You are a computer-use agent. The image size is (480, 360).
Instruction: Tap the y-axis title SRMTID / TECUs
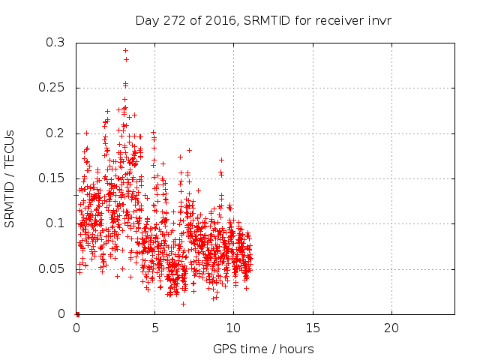click(x=10, y=178)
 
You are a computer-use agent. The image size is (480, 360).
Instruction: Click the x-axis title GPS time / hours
click(x=263, y=349)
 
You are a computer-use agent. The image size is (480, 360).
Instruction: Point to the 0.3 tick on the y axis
click(x=55, y=43)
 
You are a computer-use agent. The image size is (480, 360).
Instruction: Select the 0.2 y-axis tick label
click(x=55, y=133)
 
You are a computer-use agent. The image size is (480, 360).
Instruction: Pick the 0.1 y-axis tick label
click(x=55, y=223)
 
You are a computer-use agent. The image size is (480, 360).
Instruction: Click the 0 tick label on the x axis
click(x=76, y=328)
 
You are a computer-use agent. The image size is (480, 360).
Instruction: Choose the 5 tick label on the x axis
click(x=154, y=328)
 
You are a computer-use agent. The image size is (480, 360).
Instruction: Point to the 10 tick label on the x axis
click(x=233, y=328)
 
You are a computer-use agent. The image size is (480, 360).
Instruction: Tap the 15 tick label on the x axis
click(x=312, y=328)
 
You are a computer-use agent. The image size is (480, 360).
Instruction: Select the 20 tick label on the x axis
click(x=391, y=328)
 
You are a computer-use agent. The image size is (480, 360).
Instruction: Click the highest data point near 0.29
click(x=125, y=51)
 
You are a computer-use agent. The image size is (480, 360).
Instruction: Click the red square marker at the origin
click(x=77, y=313)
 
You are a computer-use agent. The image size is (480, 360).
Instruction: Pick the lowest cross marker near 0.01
click(x=183, y=304)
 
